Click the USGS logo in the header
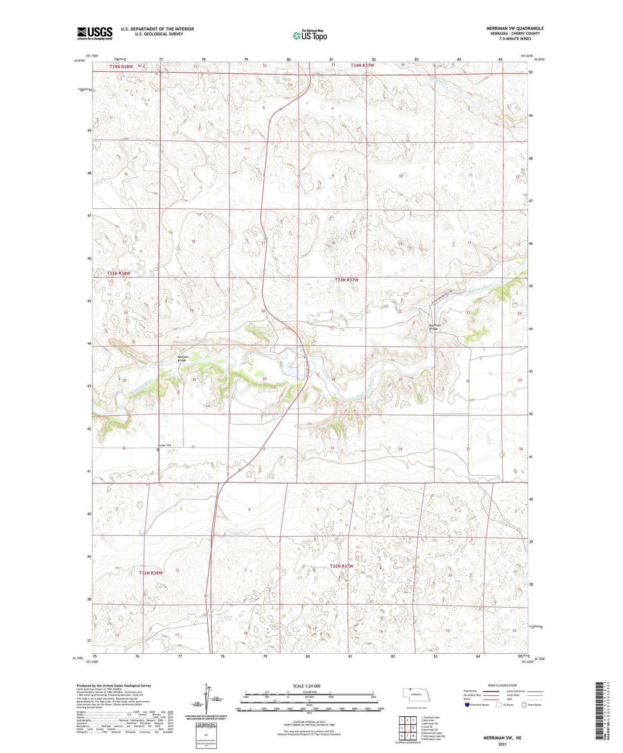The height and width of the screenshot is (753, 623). tap(95, 33)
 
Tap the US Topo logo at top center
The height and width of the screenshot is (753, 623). tap(310, 35)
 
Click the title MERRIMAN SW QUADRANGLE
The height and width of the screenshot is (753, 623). tap(515, 28)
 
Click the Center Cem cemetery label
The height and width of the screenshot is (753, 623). tap(164, 445)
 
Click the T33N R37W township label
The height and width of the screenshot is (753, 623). tap(347, 280)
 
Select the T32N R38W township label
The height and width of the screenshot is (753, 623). tap(151, 573)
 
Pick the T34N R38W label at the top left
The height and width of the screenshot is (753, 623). tap(121, 67)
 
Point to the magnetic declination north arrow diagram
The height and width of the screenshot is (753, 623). tap(209, 700)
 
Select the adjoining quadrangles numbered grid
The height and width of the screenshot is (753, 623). tap(407, 728)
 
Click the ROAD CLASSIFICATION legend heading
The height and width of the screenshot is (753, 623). tap(502, 685)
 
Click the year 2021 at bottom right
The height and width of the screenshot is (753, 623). tap(502, 744)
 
